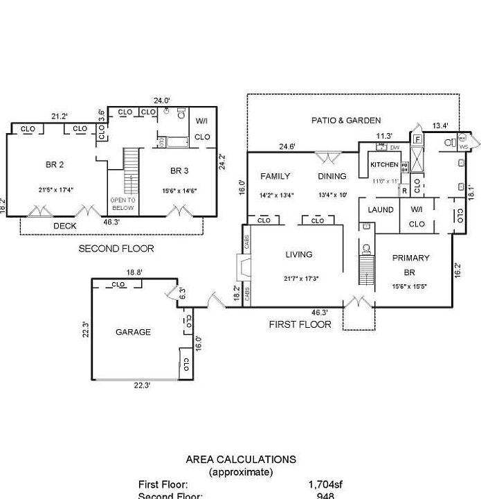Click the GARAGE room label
coord(133,332)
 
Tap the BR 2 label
coord(55,164)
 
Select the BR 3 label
coord(179,170)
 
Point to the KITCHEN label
coord(384,165)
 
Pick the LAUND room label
coord(381,210)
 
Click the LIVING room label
coord(299,254)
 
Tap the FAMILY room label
coord(275,176)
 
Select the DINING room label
coord(332,176)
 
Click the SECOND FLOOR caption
coord(116,248)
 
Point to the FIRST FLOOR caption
coord(300,324)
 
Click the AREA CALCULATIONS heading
coord(241,459)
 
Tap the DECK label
coord(65,226)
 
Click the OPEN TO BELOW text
coord(122,204)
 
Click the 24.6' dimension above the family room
coord(287,146)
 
